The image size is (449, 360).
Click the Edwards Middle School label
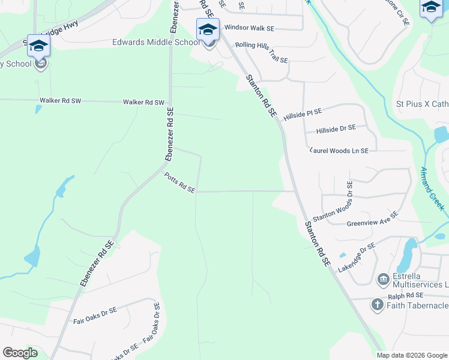pyautogui.click(x=156, y=43)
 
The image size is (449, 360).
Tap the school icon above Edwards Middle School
pyautogui.click(x=208, y=30)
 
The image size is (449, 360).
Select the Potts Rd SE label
pyautogui.click(x=180, y=182)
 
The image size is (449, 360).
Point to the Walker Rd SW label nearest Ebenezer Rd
pyautogui.click(x=143, y=103)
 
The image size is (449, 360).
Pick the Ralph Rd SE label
pyautogui.click(x=406, y=295)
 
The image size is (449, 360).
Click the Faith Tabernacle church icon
pyautogui.click(x=377, y=305)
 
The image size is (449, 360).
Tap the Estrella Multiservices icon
pyautogui.click(x=383, y=280)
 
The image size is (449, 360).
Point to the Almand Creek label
pyautogui.click(x=433, y=188)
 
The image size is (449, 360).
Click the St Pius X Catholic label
pyautogui.click(x=422, y=104)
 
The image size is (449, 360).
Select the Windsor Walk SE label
pyautogui.click(x=249, y=28)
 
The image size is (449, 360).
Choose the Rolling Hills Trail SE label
pyautogui.click(x=262, y=53)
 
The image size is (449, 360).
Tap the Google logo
pyautogui.click(x=20, y=353)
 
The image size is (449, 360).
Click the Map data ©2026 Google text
pyautogui.click(x=412, y=355)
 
